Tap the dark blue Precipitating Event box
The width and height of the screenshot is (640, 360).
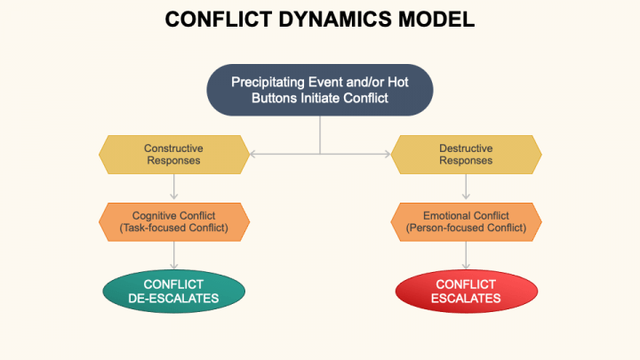coord(320,90)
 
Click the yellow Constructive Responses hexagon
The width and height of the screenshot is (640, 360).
coord(173,154)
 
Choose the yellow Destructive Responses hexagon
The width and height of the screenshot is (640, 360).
coord(466,154)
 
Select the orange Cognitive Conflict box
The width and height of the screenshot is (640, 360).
coord(173,221)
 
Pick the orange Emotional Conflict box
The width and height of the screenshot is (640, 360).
coord(466,221)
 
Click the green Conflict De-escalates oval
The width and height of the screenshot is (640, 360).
coord(173,291)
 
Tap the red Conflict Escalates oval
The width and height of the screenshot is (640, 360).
coord(466,291)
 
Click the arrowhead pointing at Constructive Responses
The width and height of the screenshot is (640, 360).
coord(253,154)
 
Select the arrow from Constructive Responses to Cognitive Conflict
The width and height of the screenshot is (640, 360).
coord(173,187)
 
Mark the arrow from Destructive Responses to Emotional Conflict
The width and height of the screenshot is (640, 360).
coord(466,187)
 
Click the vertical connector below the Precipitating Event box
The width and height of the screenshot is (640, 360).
coord(320,133)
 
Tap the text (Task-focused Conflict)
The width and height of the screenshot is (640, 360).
coord(173,228)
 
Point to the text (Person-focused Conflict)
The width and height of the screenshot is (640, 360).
coord(466,228)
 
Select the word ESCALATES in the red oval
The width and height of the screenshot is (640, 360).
coord(466,299)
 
